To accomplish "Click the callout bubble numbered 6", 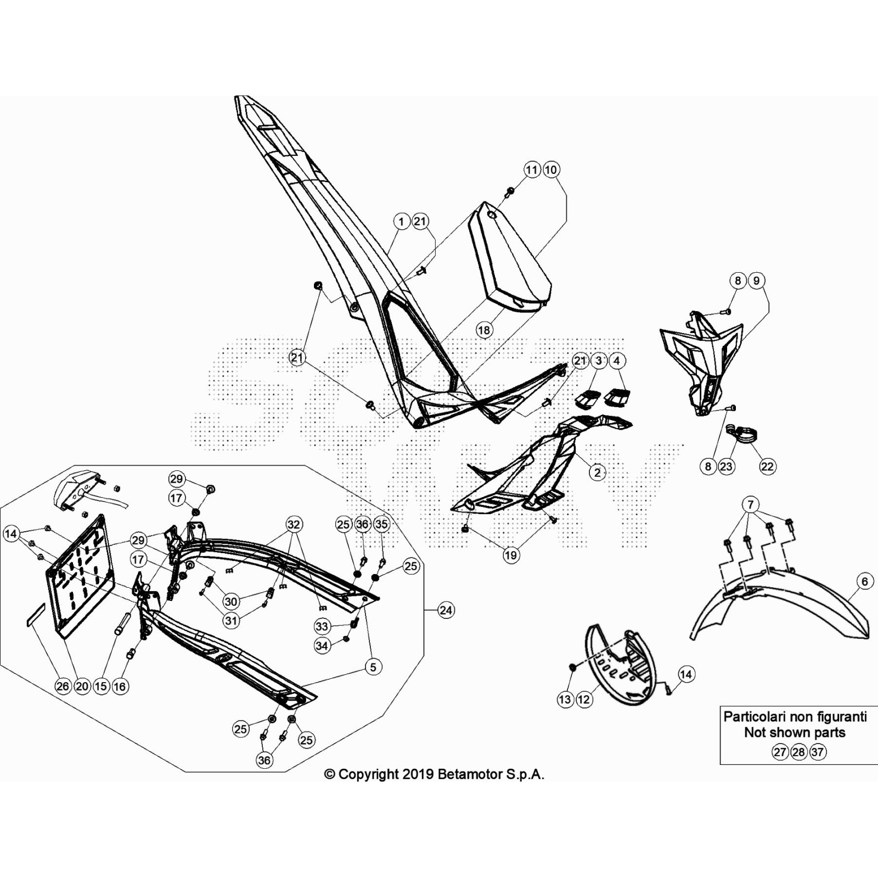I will (865, 581).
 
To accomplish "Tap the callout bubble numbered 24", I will (446, 610).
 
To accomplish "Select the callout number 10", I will (551, 170).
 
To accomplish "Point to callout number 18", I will (483, 330).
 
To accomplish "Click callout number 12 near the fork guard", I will (584, 700).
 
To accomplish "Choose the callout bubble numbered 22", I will (767, 466).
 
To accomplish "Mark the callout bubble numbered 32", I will (294, 524).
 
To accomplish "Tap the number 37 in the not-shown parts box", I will (818, 752).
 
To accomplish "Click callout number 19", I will (510, 555).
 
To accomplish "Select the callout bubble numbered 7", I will (751, 504).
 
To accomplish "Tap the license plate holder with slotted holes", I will (80, 576).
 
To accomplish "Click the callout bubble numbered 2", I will (597, 472).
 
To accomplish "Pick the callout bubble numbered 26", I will (63, 686).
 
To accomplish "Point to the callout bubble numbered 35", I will (381, 524).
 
